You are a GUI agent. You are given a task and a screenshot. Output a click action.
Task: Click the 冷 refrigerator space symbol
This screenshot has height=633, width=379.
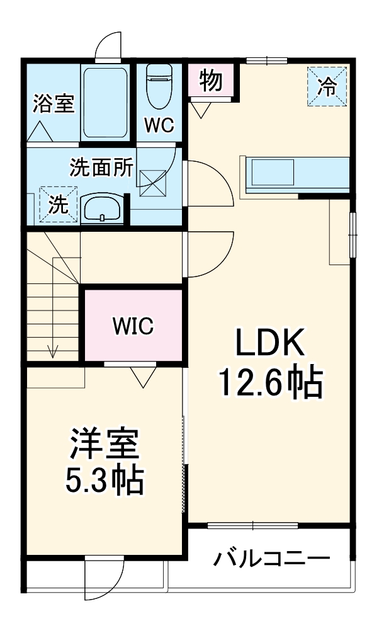tap(326, 86)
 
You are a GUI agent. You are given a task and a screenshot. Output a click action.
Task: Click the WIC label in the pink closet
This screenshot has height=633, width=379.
tap(133, 326)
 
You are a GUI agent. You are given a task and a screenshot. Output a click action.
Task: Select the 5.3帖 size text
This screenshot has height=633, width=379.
tap(105, 482)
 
